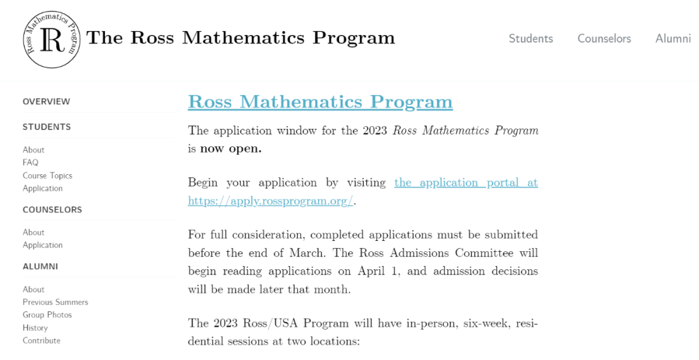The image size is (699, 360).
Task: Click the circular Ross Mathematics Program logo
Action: coord(52,39)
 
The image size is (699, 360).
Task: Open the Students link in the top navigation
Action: coord(531,38)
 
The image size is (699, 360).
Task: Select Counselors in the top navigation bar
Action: coord(604,38)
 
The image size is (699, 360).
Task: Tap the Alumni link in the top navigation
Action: coord(673,38)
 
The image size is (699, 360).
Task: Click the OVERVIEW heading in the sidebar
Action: coord(47,102)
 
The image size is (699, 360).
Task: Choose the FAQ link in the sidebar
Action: coord(30,163)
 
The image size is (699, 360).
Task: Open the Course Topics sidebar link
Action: coord(47,175)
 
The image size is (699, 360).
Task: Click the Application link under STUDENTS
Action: coord(43,188)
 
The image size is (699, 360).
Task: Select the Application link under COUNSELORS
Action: coord(43,245)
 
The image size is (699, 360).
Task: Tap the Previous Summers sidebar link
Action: coord(55,302)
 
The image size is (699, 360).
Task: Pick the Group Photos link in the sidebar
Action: coord(47,315)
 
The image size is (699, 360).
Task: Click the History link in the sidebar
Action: coord(35,328)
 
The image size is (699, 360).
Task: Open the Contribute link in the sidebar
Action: coord(41,341)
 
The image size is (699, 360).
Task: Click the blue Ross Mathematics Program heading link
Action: coord(320,102)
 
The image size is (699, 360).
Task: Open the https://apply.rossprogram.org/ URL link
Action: coord(271,201)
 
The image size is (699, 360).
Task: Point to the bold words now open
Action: coord(230,149)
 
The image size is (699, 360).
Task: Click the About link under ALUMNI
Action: coord(34,289)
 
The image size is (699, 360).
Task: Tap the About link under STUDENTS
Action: coord(34,150)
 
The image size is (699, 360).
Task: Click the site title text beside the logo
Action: coord(240,38)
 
